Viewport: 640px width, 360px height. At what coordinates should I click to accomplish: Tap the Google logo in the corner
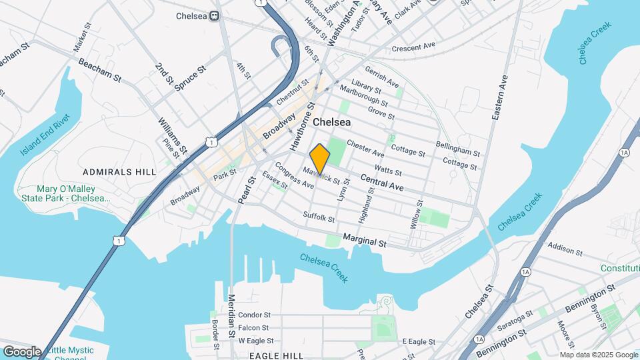tap(21, 351)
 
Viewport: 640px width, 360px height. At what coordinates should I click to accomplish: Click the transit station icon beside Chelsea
tap(215, 16)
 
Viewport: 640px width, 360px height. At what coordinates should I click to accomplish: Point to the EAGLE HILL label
tap(272, 355)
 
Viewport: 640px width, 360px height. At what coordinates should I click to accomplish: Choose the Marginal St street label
tap(365, 239)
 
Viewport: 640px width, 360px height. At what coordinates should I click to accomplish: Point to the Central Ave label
tap(383, 183)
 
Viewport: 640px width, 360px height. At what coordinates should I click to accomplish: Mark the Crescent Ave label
tap(413, 48)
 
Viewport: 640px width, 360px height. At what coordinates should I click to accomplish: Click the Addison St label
tap(565, 251)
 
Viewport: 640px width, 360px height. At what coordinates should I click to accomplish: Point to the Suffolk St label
tap(319, 217)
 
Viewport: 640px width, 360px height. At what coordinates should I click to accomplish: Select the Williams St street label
tap(172, 137)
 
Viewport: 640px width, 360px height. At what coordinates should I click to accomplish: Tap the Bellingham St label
tap(458, 145)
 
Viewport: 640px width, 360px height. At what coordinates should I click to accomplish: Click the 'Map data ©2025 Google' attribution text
tap(598, 354)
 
